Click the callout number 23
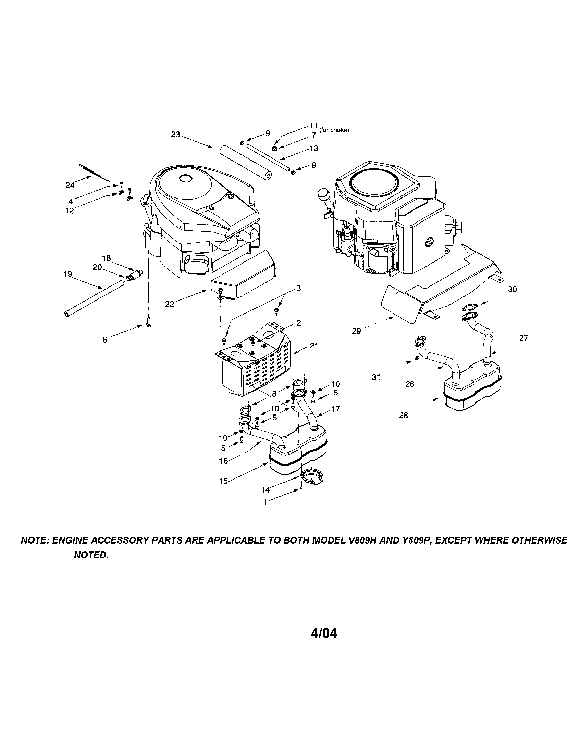pos(176,135)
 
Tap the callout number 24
pos(70,185)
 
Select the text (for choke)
pos(334,130)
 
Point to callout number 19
pos(67,274)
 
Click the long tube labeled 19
pos(93,297)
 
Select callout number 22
pos(169,304)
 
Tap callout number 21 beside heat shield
pos(313,345)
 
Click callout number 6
pos(105,340)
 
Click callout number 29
pos(356,331)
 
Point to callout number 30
pos(512,289)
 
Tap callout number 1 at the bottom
pos(265,502)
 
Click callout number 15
pos(224,481)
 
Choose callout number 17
pos(335,409)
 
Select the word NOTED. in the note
pos(91,555)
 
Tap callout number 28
pos(403,416)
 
